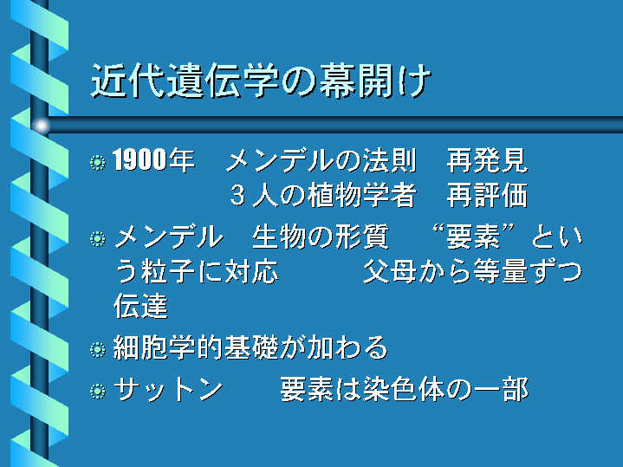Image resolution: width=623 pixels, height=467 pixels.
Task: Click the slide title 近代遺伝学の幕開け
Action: click(x=261, y=81)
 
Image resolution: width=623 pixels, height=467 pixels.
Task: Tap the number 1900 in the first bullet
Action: click(x=139, y=159)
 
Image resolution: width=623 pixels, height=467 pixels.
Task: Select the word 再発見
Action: click(x=488, y=160)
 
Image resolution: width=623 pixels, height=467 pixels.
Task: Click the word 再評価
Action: click(x=488, y=195)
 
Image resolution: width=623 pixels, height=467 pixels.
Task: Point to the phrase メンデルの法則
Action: click(x=321, y=160)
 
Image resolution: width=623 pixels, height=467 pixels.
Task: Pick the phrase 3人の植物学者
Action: click(x=323, y=195)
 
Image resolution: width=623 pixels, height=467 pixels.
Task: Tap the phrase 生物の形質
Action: click(x=321, y=236)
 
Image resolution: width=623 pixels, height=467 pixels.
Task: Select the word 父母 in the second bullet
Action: click(x=390, y=271)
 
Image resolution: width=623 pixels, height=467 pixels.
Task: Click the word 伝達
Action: click(x=140, y=306)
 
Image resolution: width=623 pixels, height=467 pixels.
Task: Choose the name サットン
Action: click(x=168, y=389)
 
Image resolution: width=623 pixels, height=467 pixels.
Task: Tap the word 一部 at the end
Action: click(x=502, y=389)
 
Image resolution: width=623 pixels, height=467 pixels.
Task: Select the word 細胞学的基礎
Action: click(x=196, y=347)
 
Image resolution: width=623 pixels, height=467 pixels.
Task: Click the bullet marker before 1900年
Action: click(x=98, y=162)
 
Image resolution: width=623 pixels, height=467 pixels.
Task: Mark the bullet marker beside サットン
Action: click(x=98, y=391)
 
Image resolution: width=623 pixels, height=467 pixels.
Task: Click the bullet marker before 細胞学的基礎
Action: click(x=98, y=350)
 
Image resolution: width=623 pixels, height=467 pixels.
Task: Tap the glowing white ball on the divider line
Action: click(x=41, y=126)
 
